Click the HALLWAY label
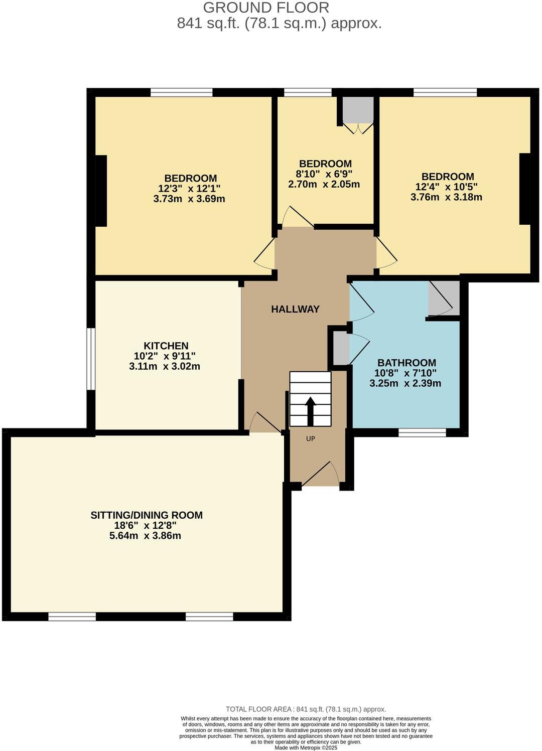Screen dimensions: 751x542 (x=295, y=309)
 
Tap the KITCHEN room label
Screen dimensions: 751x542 (x=166, y=346)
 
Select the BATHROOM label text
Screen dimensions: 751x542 (x=406, y=362)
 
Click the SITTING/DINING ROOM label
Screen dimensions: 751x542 (x=147, y=515)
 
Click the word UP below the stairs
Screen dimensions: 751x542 (x=311, y=438)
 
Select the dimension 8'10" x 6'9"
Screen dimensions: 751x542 (x=324, y=174)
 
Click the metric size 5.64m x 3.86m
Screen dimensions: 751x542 (x=145, y=536)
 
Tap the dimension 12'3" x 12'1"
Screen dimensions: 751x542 (x=189, y=189)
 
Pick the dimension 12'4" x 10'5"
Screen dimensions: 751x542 (x=446, y=187)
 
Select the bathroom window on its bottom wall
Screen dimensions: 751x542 (x=422, y=432)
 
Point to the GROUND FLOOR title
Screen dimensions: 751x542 (x=266, y=8)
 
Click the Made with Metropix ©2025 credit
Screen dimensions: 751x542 (x=306, y=747)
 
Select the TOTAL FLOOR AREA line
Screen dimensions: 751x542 (x=306, y=709)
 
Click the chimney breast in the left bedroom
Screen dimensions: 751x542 (x=101, y=191)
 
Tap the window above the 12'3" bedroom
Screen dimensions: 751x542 (x=181, y=92)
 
